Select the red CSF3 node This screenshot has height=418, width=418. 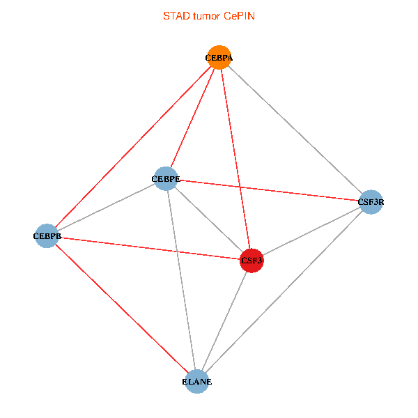click(x=251, y=261)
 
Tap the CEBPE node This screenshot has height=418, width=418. click(x=166, y=179)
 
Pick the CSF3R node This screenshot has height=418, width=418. click(x=371, y=203)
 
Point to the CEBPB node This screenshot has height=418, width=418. click(x=47, y=236)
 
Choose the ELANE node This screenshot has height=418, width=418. click(x=196, y=382)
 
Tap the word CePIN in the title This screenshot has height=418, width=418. click(x=239, y=15)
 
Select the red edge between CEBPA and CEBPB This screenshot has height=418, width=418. click(x=133, y=147)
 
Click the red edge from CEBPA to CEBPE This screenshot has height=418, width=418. click(x=193, y=118)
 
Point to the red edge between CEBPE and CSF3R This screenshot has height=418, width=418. click(x=268, y=191)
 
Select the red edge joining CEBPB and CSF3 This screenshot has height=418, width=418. click(x=149, y=248)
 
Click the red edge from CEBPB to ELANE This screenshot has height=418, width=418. click(x=121, y=309)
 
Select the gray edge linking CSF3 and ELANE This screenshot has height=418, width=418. click(x=224, y=321)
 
